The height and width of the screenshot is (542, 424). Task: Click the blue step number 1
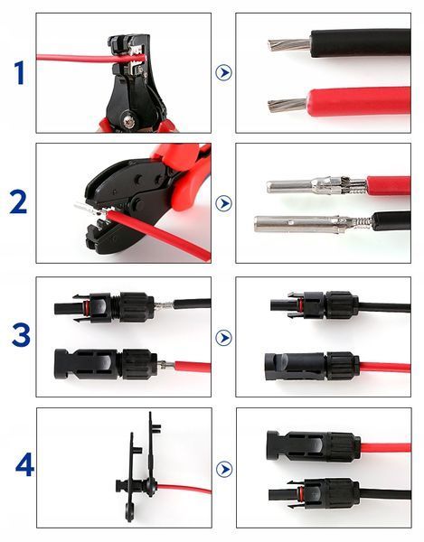[x=19, y=72]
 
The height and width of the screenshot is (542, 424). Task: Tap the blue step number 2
[x=18, y=202]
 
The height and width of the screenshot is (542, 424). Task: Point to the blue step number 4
[x=24, y=465]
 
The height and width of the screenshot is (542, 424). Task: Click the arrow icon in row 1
[x=223, y=72]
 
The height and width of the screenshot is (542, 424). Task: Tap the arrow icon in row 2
[x=223, y=203]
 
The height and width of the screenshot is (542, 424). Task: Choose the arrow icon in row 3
[x=223, y=337]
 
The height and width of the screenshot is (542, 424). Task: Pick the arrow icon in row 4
[x=224, y=469]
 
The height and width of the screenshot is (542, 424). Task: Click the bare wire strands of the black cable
[x=289, y=44]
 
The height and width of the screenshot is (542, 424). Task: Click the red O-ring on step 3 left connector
[x=87, y=306]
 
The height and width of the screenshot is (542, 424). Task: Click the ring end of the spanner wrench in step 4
[x=130, y=512]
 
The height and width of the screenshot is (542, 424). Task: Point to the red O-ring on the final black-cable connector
[x=300, y=493]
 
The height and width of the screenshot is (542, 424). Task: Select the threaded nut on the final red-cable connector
[x=341, y=447]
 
